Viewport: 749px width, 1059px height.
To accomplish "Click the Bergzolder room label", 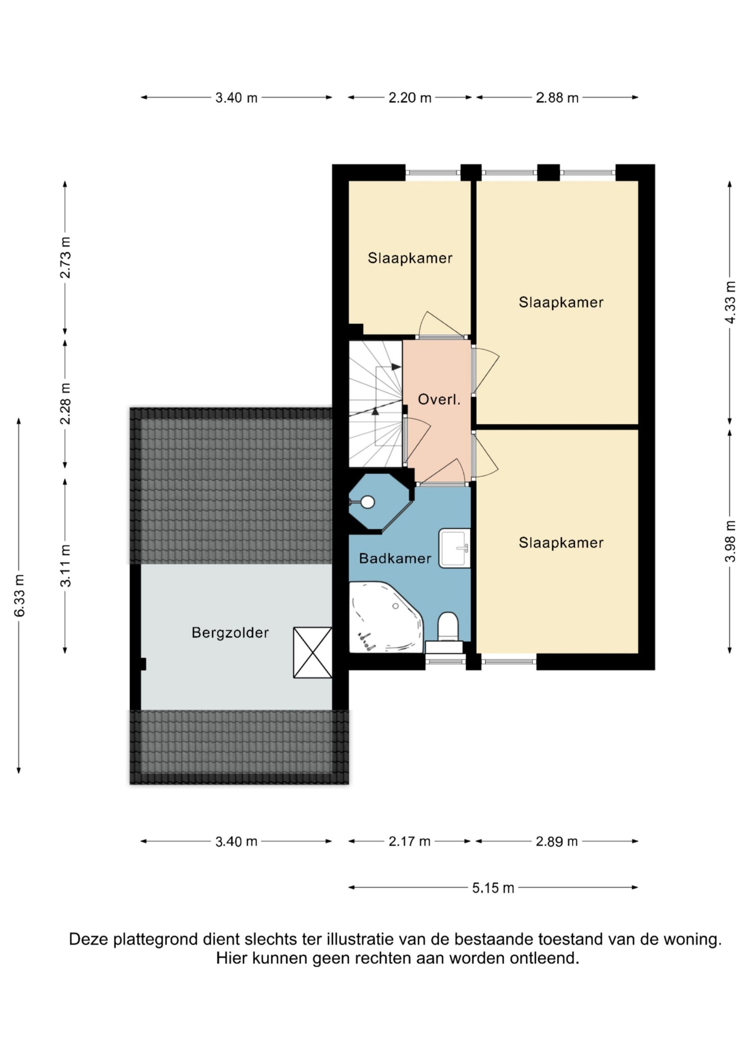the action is [230, 632].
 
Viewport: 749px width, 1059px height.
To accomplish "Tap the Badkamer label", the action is [395, 559].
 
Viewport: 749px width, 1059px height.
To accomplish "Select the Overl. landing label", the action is [439, 399].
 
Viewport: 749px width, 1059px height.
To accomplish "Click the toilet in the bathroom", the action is [447, 628].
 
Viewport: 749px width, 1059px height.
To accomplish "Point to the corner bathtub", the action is [385, 618].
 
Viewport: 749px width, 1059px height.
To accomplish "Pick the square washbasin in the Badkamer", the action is [454, 548].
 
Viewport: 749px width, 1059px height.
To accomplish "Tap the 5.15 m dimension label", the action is [493, 900].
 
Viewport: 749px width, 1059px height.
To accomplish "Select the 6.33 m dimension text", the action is [19, 596].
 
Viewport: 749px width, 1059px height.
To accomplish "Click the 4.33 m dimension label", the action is [730, 302].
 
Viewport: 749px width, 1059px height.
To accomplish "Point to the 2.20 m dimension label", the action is [410, 98].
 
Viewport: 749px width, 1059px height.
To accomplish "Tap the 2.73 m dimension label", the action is [66, 258].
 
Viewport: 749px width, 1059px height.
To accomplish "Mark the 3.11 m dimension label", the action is [66, 566].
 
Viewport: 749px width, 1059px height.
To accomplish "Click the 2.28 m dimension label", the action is [66, 404].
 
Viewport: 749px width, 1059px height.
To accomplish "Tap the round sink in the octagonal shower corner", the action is [367, 502].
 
